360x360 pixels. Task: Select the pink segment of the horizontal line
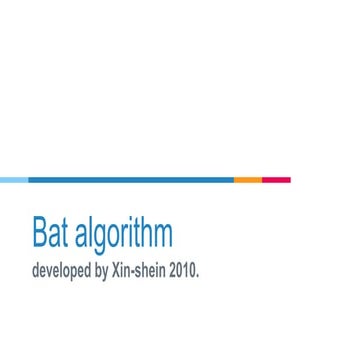tap(276, 180)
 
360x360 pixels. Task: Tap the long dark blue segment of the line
tap(130, 180)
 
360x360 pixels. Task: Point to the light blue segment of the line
tap(14, 180)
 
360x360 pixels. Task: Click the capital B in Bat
tap(40, 231)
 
